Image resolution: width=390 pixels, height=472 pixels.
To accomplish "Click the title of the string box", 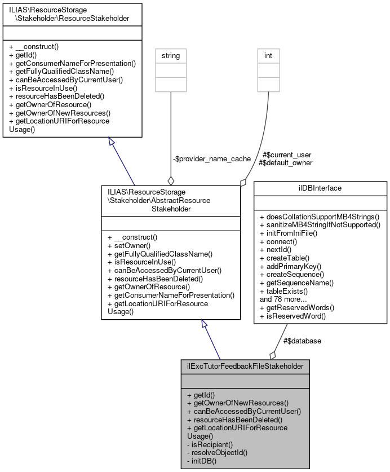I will click(171, 56).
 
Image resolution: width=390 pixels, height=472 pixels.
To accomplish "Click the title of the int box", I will click(268, 56).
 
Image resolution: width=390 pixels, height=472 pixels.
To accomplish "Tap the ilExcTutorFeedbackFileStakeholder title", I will click(245, 367).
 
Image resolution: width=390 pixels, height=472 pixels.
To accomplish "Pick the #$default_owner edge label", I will click(285, 162).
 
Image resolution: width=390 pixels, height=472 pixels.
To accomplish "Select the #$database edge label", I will click(302, 341).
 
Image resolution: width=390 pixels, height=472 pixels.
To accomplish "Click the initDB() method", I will click(202, 461).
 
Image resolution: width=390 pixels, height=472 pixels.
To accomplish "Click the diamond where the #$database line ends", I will click(273, 354).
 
